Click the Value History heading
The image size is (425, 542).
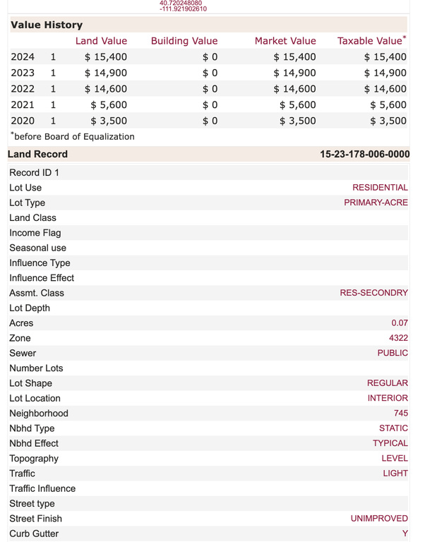pos(47,25)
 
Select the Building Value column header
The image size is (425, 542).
pos(184,41)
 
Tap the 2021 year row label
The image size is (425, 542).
pos(23,105)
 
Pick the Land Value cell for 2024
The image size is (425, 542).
pos(105,57)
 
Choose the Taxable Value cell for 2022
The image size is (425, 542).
pos(385,89)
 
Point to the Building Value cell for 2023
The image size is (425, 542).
pos(210,73)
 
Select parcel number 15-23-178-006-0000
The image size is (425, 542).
pos(364,155)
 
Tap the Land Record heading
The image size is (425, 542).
pos(38,155)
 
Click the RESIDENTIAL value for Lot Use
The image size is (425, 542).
pos(380,188)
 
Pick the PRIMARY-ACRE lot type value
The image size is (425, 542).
pos(376,203)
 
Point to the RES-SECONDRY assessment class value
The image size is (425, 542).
pos(373,293)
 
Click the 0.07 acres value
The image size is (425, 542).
pos(400,323)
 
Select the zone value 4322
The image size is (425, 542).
pos(398,338)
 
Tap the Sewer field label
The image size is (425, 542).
pos(23,353)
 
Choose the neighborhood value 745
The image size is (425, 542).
pos(401,414)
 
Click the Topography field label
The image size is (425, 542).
pos(34,459)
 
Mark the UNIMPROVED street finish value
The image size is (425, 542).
pos(379,519)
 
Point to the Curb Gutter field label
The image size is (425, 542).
pos(34,534)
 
